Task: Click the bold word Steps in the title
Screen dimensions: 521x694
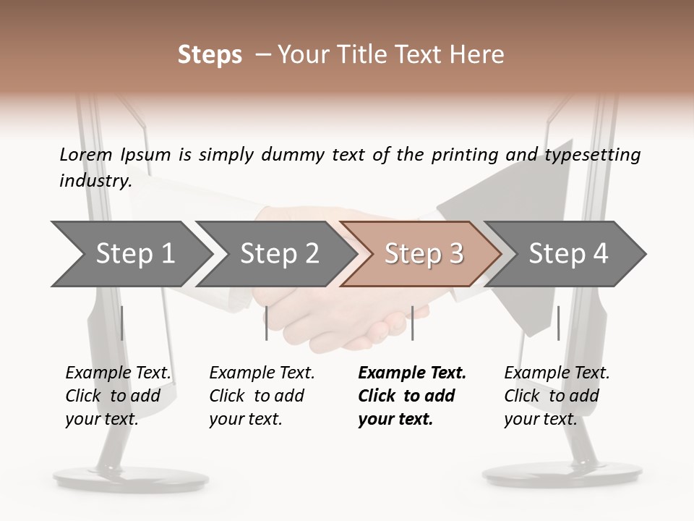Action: click(x=210, y=55)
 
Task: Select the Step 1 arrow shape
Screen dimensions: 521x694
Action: click(x=130, y=253)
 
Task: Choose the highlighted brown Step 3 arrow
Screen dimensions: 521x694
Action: click(x=423, y=253)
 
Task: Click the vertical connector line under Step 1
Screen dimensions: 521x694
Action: click(x=121, y=323)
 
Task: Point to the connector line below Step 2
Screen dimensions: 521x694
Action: click(x=267, y=323)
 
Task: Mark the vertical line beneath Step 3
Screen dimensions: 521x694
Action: click(x=412, y=323)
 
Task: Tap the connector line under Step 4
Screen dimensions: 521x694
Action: click(x=558, y=323)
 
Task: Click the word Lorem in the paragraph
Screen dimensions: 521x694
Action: click(x=86, y=155)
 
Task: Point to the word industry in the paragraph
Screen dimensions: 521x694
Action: click(x=95, y=181)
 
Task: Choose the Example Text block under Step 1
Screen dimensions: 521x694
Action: click(x=117, y=396)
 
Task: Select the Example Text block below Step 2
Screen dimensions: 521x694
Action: click(x=261, y=396)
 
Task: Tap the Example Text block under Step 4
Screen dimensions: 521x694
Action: click(x=556, y=396)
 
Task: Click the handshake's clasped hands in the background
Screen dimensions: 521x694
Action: click(x=340, y=311)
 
